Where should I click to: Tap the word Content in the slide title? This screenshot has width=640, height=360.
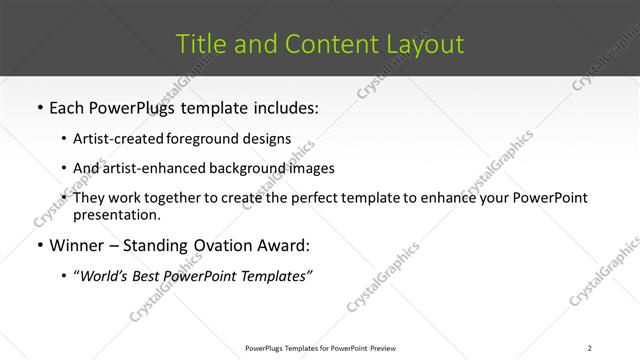point(322,45)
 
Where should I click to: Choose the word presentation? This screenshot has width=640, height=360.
point(116,214)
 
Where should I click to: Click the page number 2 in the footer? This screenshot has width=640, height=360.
point(590,348)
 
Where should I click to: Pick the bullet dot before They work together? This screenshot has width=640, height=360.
point(64,198)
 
